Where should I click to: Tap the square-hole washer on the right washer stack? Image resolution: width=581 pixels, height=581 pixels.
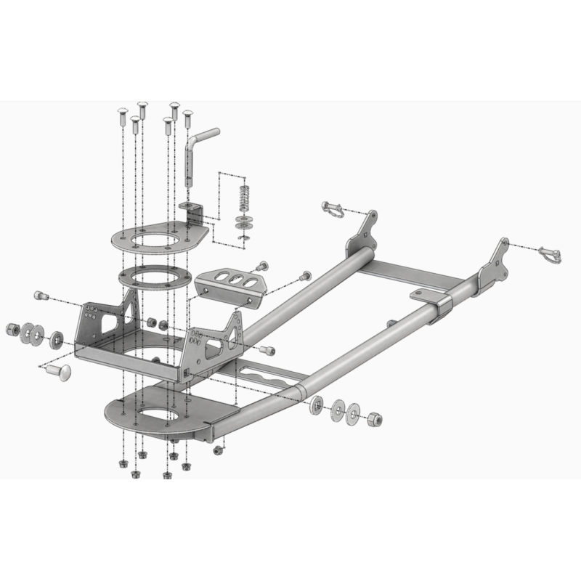click(317, 405)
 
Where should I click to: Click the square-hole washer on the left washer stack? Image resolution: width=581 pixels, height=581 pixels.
click(57, 339)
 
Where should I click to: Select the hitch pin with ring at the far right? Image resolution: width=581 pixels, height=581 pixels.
click(550, 254)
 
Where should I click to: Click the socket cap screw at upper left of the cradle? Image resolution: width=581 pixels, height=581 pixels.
click(41, 296)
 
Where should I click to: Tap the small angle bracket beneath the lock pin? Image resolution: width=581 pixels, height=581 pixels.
click(194, 215)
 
